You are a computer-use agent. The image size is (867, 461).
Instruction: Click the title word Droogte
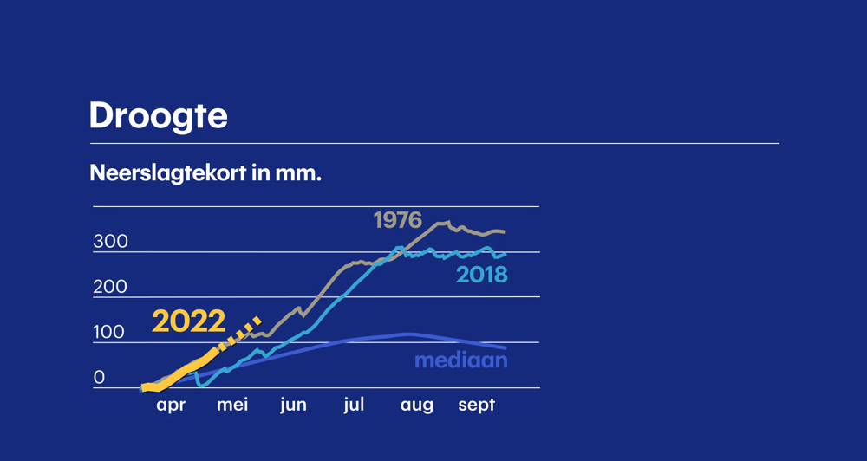[158, 116]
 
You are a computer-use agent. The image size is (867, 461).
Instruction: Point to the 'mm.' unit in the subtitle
[298, 173]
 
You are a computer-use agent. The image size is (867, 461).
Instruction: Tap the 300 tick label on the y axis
[110, 242]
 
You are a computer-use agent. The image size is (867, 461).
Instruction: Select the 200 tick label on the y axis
[110, 287]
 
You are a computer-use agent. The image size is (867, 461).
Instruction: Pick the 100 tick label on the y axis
[108, 333]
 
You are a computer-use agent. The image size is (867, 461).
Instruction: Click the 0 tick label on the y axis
[99, 378]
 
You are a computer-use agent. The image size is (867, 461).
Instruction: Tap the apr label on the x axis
[171, 406]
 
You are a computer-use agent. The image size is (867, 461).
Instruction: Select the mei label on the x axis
[232, 405]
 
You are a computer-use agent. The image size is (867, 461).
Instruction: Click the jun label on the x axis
[293, 406]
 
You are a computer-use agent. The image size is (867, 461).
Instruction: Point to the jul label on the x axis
[354, 405]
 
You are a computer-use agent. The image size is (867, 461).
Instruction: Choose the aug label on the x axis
[416, 406]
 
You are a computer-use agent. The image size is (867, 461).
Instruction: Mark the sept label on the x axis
[476, 405]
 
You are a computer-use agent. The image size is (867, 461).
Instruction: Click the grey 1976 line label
[397, 221]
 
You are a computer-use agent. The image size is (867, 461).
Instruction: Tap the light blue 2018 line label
[481, 276]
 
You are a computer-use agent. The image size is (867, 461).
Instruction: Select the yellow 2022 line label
[188, 321]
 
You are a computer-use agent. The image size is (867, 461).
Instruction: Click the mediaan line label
[460, 360]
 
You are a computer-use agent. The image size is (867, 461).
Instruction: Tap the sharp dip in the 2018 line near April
[199, 385]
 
